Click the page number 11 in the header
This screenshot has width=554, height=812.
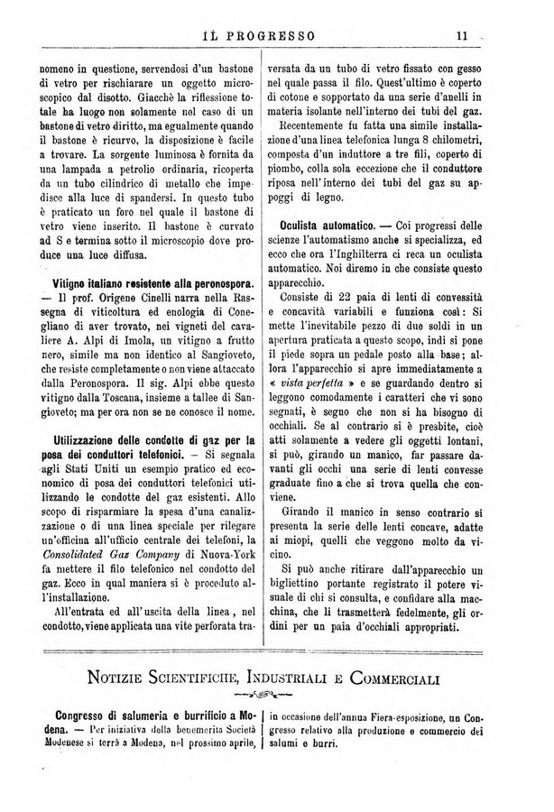pyautogui.click(x=460, y=37)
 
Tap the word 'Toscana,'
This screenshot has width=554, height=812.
pyautogui.click(x=118, y=395)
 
